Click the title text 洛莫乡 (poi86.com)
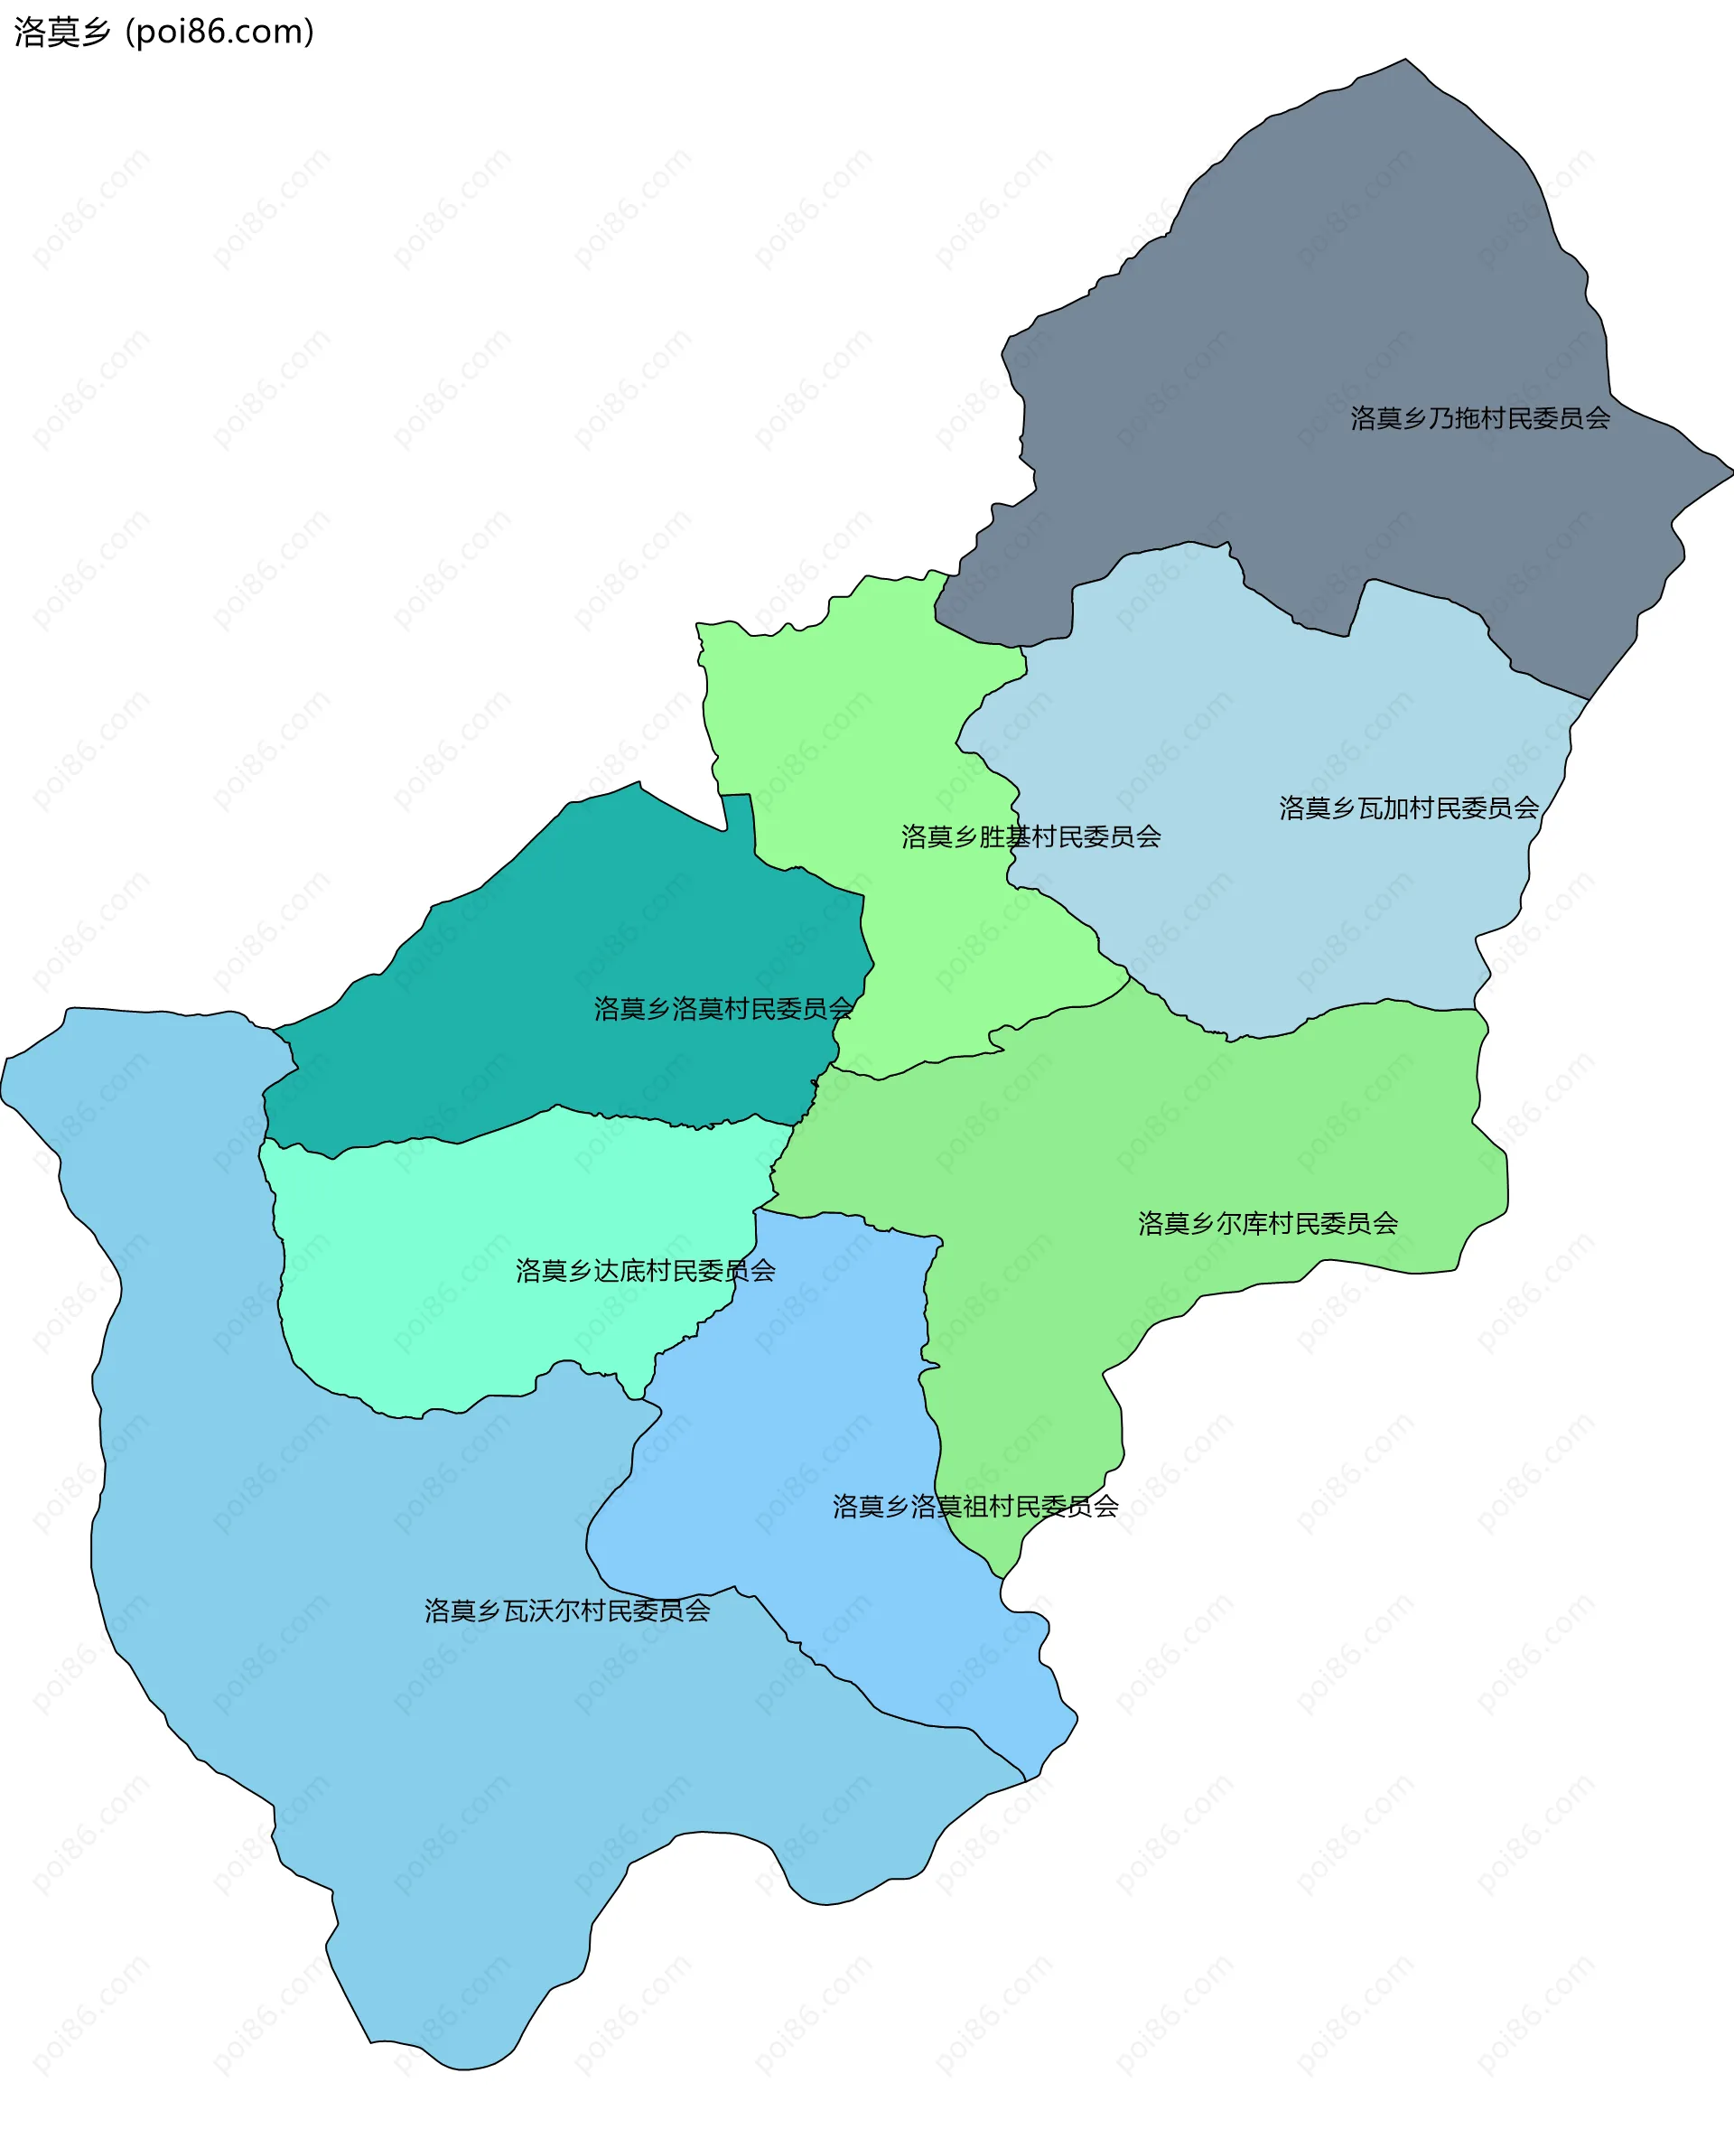pos(163,32)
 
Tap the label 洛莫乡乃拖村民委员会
pos(1479,418)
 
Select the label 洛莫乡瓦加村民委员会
pos(1408,808)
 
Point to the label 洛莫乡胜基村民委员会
pos(1030,837)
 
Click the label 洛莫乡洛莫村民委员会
pos(723,1009)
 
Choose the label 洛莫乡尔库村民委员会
pos(1268,1224)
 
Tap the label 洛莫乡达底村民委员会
pos(645,1271)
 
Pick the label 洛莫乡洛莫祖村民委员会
pos(974,1507)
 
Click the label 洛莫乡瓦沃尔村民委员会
pos(567,1611)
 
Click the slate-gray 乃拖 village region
pos(1348,300)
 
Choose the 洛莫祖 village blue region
pos(799,1419)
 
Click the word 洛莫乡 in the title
pos(62,32)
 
